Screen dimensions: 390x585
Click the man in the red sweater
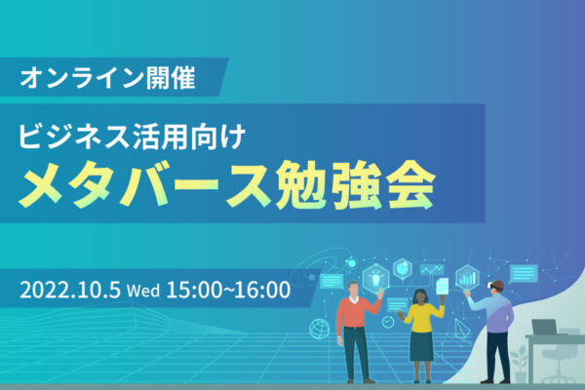(352, 322)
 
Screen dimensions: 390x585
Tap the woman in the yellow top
(421, 327)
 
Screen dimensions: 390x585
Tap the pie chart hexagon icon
(403, 266)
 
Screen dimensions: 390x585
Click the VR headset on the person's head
(496, 286)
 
